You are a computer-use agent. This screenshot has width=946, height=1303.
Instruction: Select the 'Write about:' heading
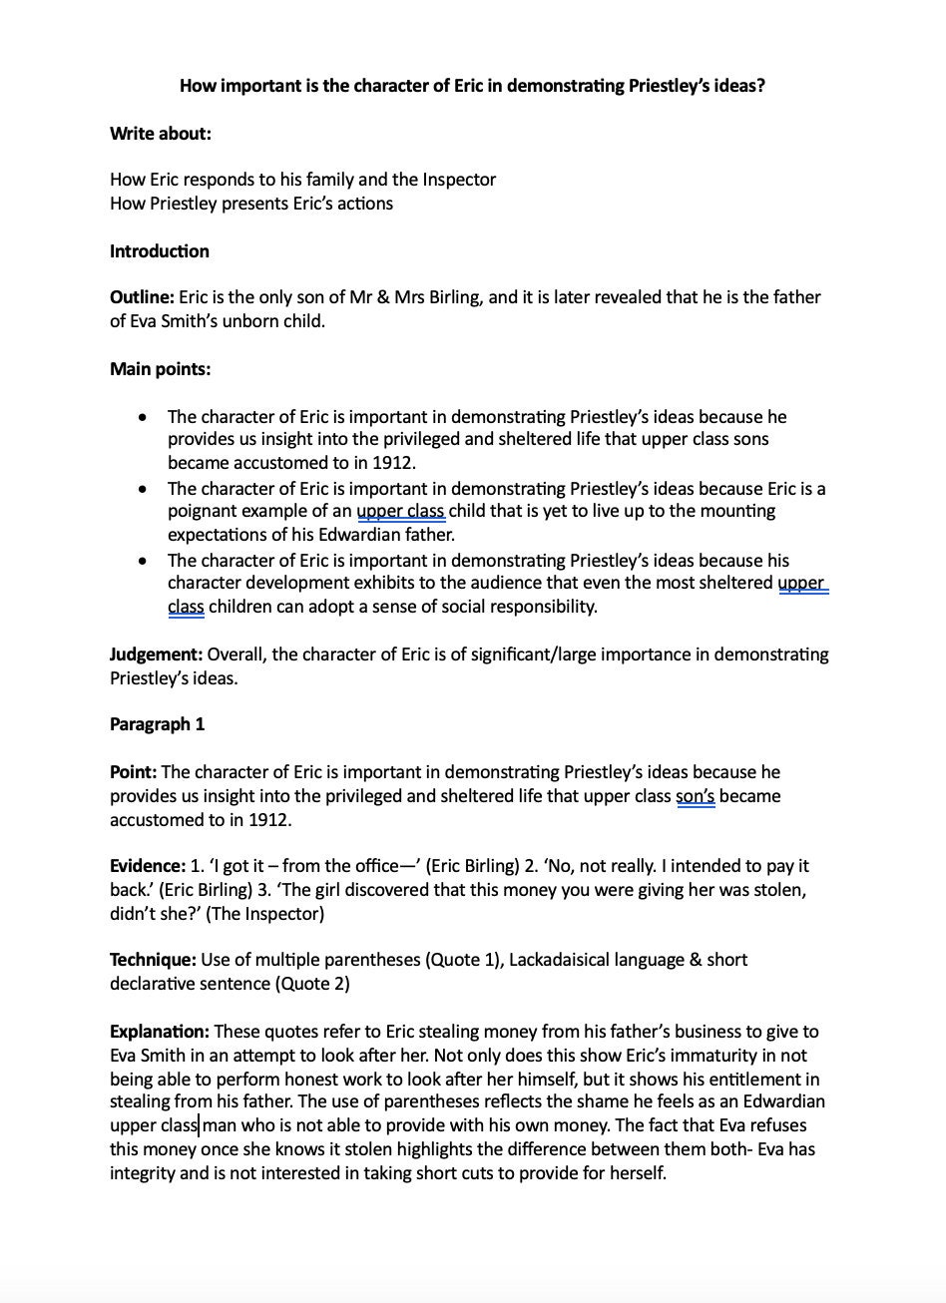click(x=160, y=133)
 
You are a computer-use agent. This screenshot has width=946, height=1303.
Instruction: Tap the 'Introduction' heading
click(x=160, y=251)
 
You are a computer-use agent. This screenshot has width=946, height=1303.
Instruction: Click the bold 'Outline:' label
click(x=142, y=297)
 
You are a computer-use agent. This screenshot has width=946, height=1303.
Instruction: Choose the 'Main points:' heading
click(x=160, y=369)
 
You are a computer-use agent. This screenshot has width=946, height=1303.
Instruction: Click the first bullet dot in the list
click(x=146, y=417)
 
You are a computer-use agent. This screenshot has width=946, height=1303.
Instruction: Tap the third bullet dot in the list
click(x=146, y=561)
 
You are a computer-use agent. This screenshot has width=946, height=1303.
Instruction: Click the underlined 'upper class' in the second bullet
click(x=400, y=511)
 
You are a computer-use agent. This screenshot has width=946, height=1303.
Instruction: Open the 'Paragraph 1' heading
click(x=157, y=724)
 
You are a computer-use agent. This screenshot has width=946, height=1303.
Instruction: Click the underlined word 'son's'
click(x=696, y=796)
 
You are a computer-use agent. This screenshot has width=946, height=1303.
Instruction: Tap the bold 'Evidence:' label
click(x=148, y=866)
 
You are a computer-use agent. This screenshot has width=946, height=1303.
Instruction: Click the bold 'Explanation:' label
click(x=160, y=1032)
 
